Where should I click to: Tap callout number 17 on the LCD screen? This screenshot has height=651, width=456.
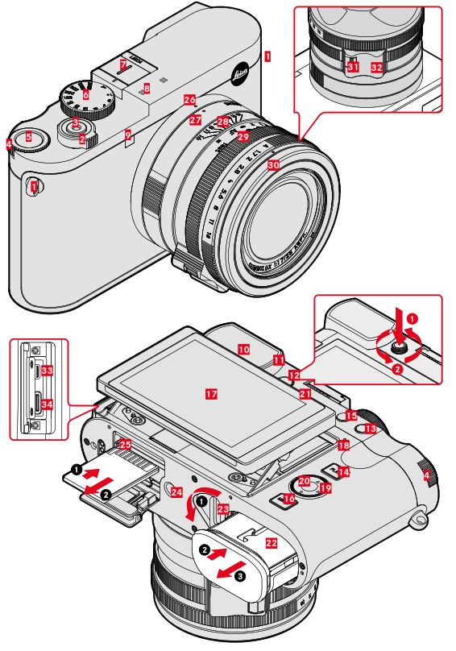[211, 394]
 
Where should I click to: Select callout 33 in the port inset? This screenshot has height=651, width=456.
[47, 371]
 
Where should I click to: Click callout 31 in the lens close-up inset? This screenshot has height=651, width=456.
[352, 68]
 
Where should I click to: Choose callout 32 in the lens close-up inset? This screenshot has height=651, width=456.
[377, 68]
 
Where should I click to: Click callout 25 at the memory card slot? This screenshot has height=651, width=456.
[125, 444]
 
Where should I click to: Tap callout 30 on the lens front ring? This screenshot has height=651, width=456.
[274, 164]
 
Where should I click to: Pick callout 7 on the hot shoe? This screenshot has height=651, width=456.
[123, 64]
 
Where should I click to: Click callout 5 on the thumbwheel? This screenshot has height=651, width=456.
[28, 137]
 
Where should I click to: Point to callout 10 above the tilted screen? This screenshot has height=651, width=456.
[243, 349]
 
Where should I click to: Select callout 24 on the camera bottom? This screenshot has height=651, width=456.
[176, 491]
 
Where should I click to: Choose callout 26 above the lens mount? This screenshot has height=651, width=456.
[189, 100]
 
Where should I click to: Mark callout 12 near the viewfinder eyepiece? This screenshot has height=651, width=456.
[295, 375]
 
